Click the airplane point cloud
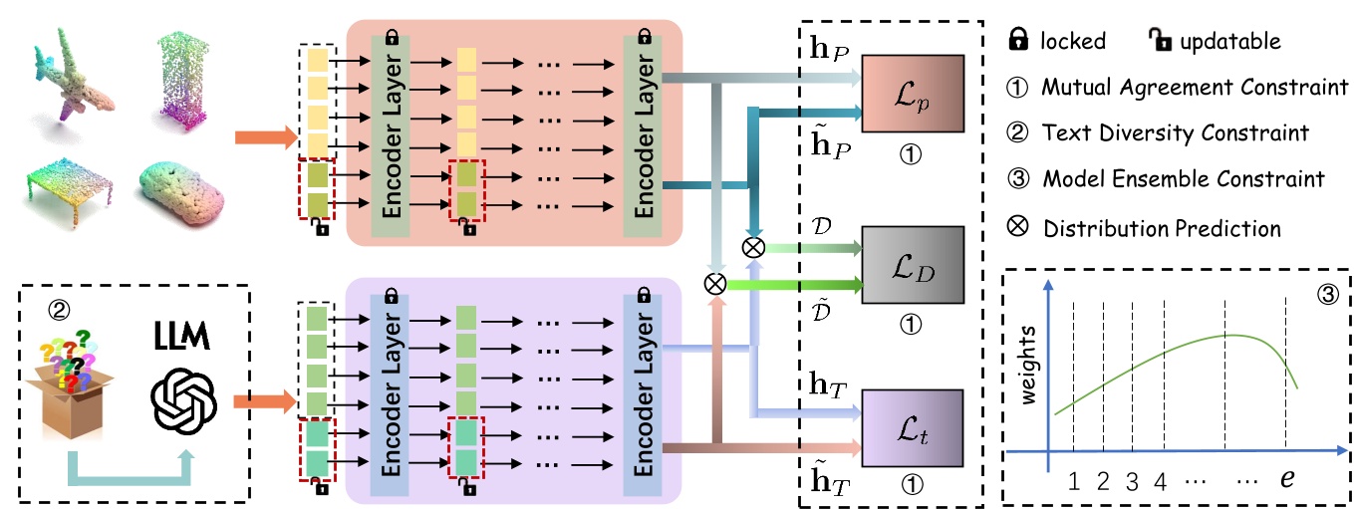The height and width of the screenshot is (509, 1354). pyautogui.click(x=73, y=79)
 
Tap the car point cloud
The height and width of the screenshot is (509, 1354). pyautogui.click(x=181, y=192)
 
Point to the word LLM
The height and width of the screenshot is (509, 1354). pyautogui.click(x=182, y=336)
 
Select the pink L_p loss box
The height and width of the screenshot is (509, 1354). pyautogui.click(x=913, y=94)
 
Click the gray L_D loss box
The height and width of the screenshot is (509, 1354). pyautogui.click(x=913, y=265)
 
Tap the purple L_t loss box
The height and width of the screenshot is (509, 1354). pyautogui.click(x=913, y=428)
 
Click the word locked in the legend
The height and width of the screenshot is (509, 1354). pyautogui.click(x=1073, y=41)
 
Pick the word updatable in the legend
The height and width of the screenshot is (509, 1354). pyautogui.click(x=1230, y=41)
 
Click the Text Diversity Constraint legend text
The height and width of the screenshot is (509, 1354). pyautogui.click(x=1175, y=132)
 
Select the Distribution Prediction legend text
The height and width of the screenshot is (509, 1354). pyautogui.click(x=1162, y=228)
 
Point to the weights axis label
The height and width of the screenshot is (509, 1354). pyautogui.click(x=1027, y=365)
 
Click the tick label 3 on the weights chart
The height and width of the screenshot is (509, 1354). pyautogui.click(x=1132, y=482)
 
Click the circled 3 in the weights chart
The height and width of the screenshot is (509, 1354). pyautogui.click(x=1327, y=295)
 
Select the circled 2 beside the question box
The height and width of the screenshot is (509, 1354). pyautogui.click(x=59, y=311)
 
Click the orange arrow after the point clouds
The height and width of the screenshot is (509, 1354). pyautogui.click(x=266, y=137)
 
